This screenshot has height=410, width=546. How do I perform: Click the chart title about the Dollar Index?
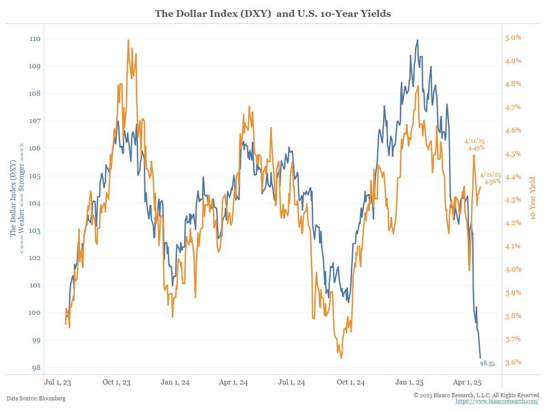click(x=273, y=14)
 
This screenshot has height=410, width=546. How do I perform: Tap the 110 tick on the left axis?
click(x=35, y=39)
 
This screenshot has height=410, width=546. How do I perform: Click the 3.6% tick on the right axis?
click(x=513, y=363)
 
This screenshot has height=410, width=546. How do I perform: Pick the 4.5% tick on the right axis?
click(x=513, y=154)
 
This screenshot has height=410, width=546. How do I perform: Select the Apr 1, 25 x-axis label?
click(x=467, y=382)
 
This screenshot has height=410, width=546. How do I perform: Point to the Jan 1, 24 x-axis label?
click(x=175, y=382)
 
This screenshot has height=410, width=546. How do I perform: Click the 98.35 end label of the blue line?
click(x=488, y=364)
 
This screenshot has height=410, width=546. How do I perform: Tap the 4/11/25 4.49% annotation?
click(x=475, y=144)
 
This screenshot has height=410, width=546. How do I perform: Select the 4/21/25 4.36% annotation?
click(x=491, y=178)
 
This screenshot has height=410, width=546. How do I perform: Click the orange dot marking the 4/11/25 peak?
click(x=474, y=156)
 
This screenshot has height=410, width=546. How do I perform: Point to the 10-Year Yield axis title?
click(x=533, y=198)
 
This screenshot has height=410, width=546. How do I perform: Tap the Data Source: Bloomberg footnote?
click(x=36, y=399)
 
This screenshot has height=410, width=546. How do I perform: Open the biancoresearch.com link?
click(x=497, y=401)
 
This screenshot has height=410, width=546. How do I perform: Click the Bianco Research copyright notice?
click(x=476, y=395)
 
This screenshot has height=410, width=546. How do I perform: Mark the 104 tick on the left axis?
click(x=35, y=204)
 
